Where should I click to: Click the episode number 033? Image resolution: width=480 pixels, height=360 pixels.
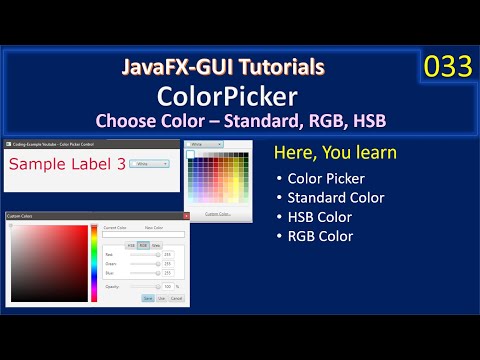(447, 67)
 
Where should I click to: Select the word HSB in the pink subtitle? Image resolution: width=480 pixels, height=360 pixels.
(367, 120)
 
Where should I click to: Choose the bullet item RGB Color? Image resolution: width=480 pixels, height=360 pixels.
(320, 236)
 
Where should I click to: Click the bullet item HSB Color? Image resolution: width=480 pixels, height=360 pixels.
(319, 217)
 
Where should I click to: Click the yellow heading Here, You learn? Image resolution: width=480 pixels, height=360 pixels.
(335, 153)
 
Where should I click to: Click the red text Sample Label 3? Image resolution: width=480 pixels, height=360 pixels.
(67, 162)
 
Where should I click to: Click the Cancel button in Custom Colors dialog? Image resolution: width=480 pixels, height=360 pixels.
(176, 298)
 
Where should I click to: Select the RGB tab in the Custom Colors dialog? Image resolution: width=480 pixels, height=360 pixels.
(144, 244)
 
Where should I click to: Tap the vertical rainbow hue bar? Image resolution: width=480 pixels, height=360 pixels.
(94, 263)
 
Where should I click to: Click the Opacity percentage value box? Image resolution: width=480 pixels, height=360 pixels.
(167, 286)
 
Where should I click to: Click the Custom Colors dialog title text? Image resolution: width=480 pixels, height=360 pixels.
(20, 215)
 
